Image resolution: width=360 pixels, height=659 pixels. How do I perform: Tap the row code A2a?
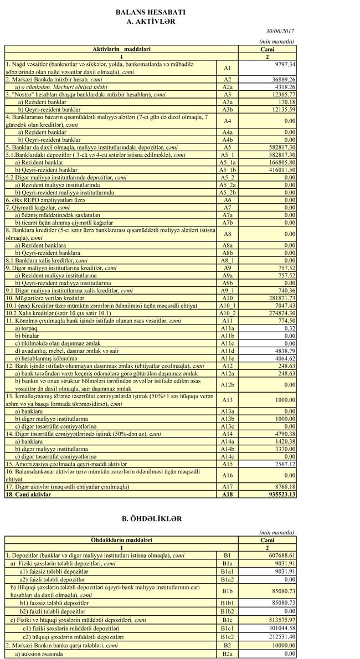click(x=227, y=87)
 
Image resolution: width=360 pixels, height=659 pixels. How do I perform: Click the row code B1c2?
click(x=227, y=637)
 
